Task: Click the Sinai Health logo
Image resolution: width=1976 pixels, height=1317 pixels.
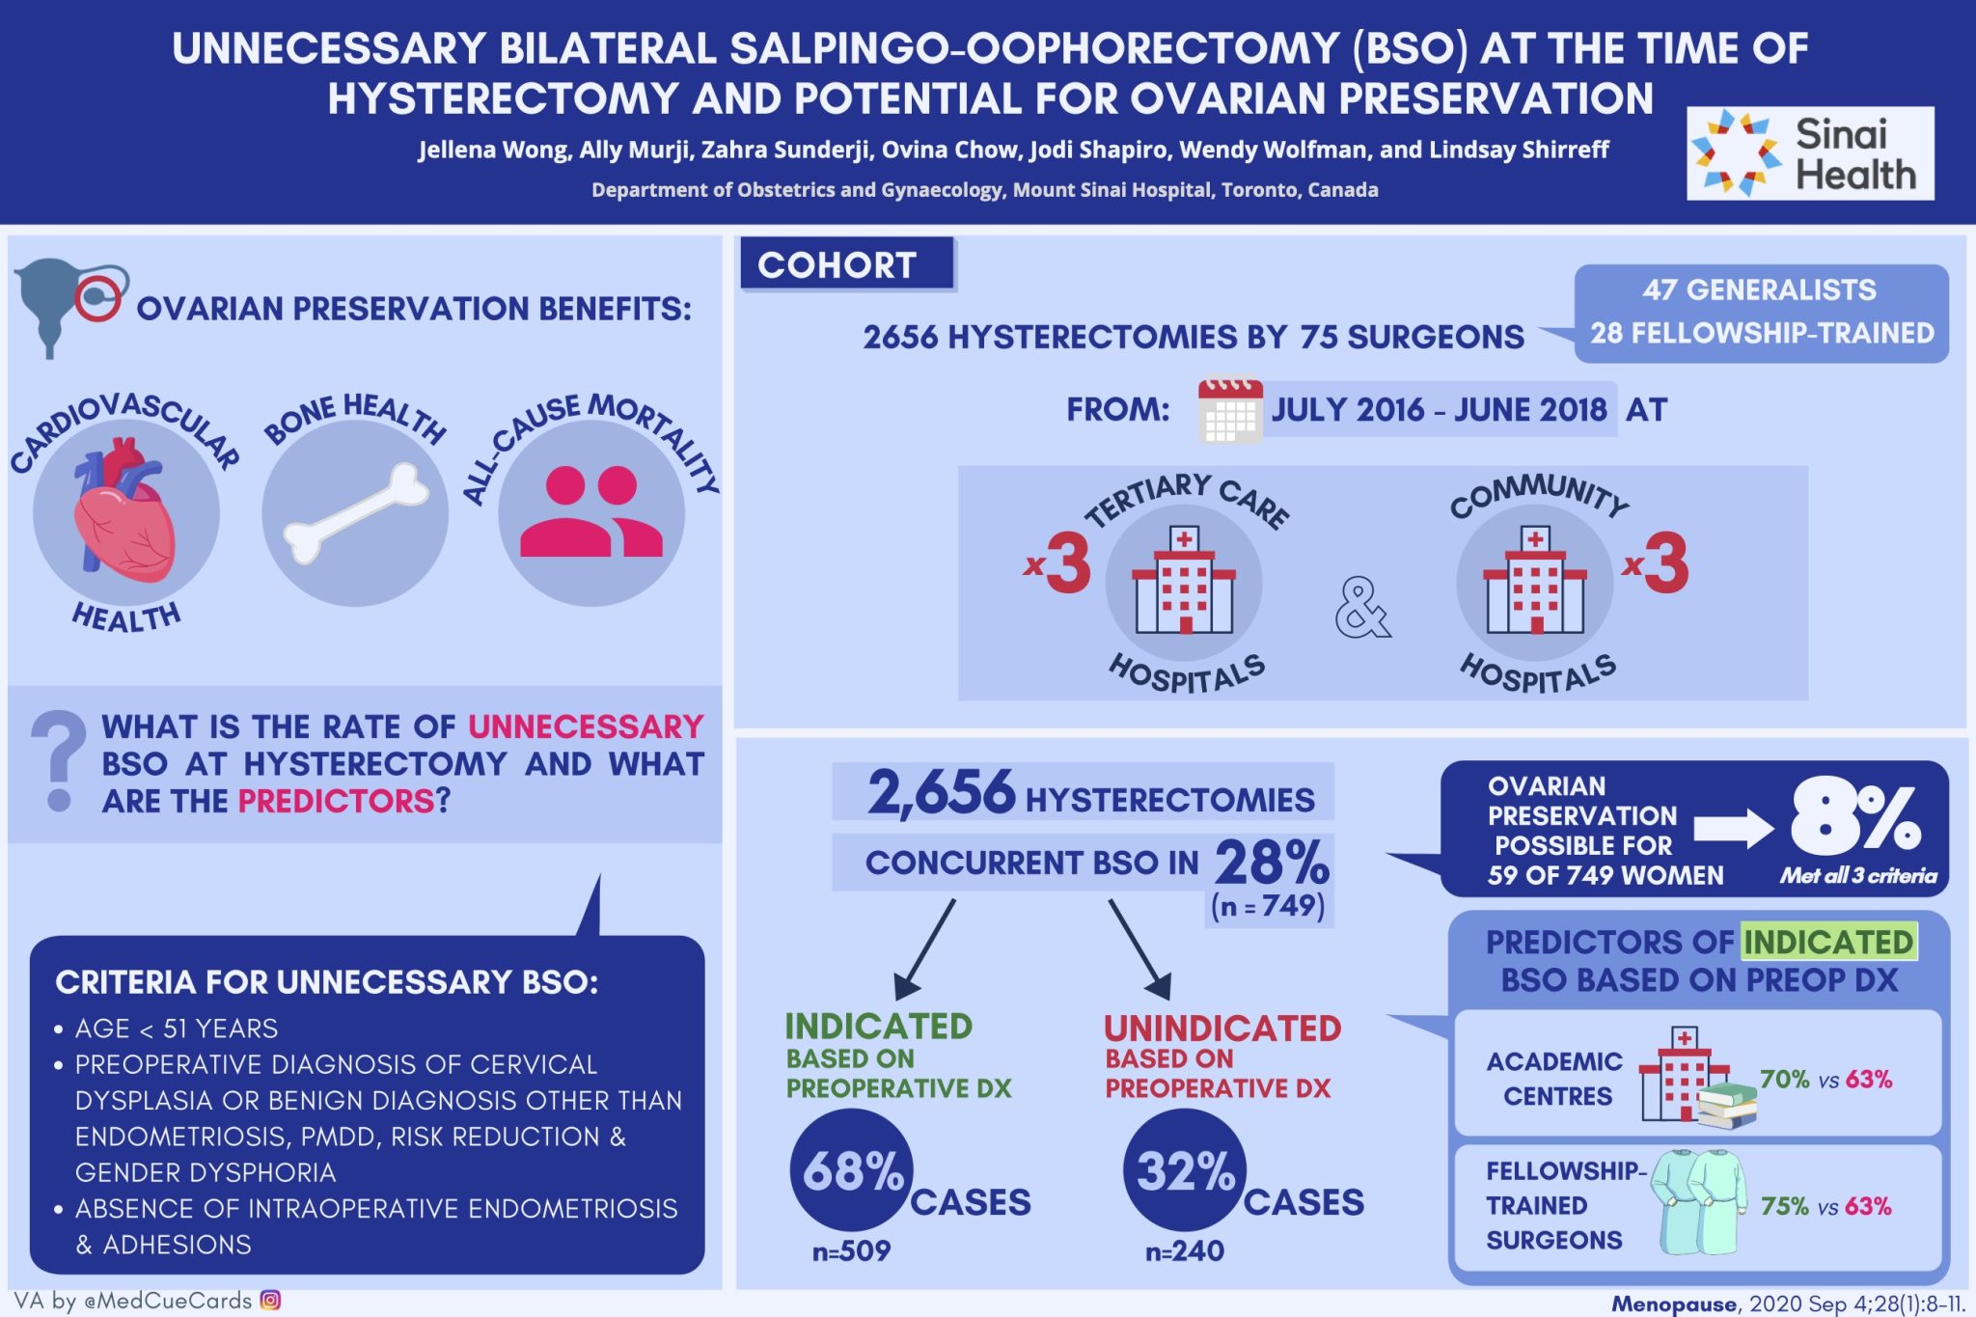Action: [x=1809, y=153]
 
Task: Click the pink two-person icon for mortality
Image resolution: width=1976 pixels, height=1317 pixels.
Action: [x=590, y=512]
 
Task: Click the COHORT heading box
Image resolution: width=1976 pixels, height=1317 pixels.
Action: [x=846, y=264]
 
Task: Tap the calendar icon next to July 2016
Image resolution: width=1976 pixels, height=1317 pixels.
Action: [x=1229, y=411]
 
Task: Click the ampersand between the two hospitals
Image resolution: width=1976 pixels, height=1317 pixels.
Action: [x=1361, y=609]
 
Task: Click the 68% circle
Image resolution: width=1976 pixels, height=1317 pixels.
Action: [x=851, y=1170]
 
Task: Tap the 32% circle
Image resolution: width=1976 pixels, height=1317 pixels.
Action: [x=1184, y=1170]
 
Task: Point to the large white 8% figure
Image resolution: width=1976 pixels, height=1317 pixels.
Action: [x=1854, y=820]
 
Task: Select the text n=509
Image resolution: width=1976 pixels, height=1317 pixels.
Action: [x=851, y=1251]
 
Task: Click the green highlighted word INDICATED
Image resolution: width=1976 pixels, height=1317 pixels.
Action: [x=1827, y=942]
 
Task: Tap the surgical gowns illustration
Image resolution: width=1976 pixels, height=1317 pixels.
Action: [x=1698, y=1201]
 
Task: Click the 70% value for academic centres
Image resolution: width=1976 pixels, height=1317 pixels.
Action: [x=1784, y=1079]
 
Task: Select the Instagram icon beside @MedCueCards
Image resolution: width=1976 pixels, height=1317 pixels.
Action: [x=271, y=1300]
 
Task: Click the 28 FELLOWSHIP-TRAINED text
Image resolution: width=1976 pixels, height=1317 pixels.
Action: [x=1762, y=333]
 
